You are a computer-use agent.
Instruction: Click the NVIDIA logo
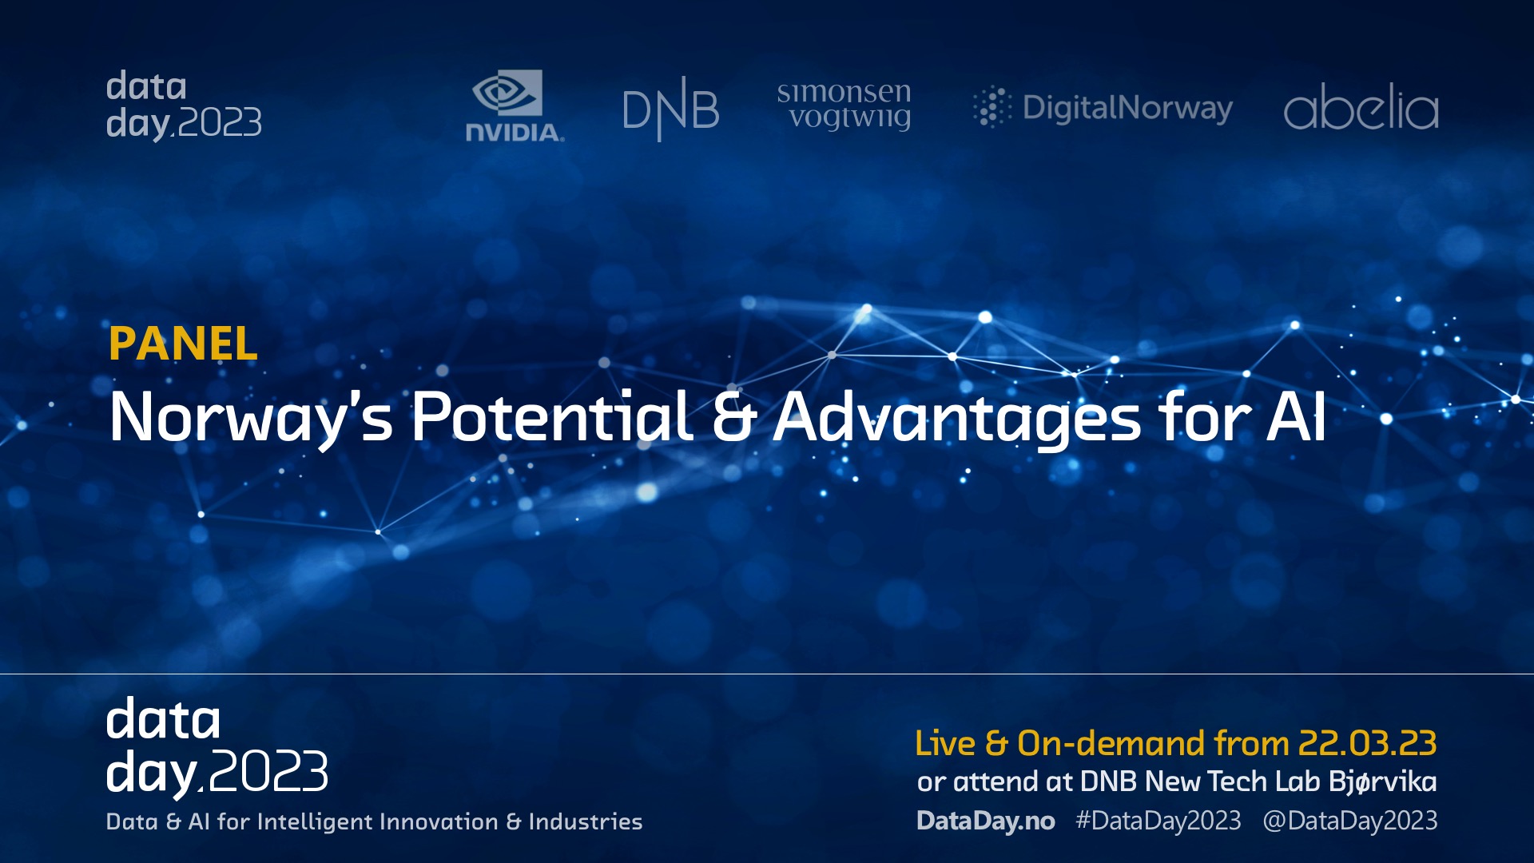click(515, 105)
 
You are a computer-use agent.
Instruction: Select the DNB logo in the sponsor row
click(670, 109)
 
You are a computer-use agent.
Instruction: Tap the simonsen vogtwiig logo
click(844, 105)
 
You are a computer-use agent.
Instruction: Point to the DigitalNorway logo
click(1103, 107)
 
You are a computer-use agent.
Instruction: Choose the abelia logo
click(1361, 106)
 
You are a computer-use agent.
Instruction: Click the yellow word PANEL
click(183, 344)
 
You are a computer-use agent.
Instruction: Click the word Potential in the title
click(552, 416)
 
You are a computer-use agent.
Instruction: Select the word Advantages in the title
click(957, 418)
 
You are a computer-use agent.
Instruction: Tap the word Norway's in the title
click(252, 418)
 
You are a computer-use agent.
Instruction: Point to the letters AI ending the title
click(1296, 416)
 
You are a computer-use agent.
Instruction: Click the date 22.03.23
click(1367, 743)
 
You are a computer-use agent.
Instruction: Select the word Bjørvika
click(1383, 781)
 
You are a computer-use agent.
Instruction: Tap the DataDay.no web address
click(986, 821)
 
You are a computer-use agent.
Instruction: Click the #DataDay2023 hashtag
click(1158, 821)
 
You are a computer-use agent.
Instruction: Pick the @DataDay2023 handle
click(1350, 821)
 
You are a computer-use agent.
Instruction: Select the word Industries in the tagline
click(586, 821)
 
